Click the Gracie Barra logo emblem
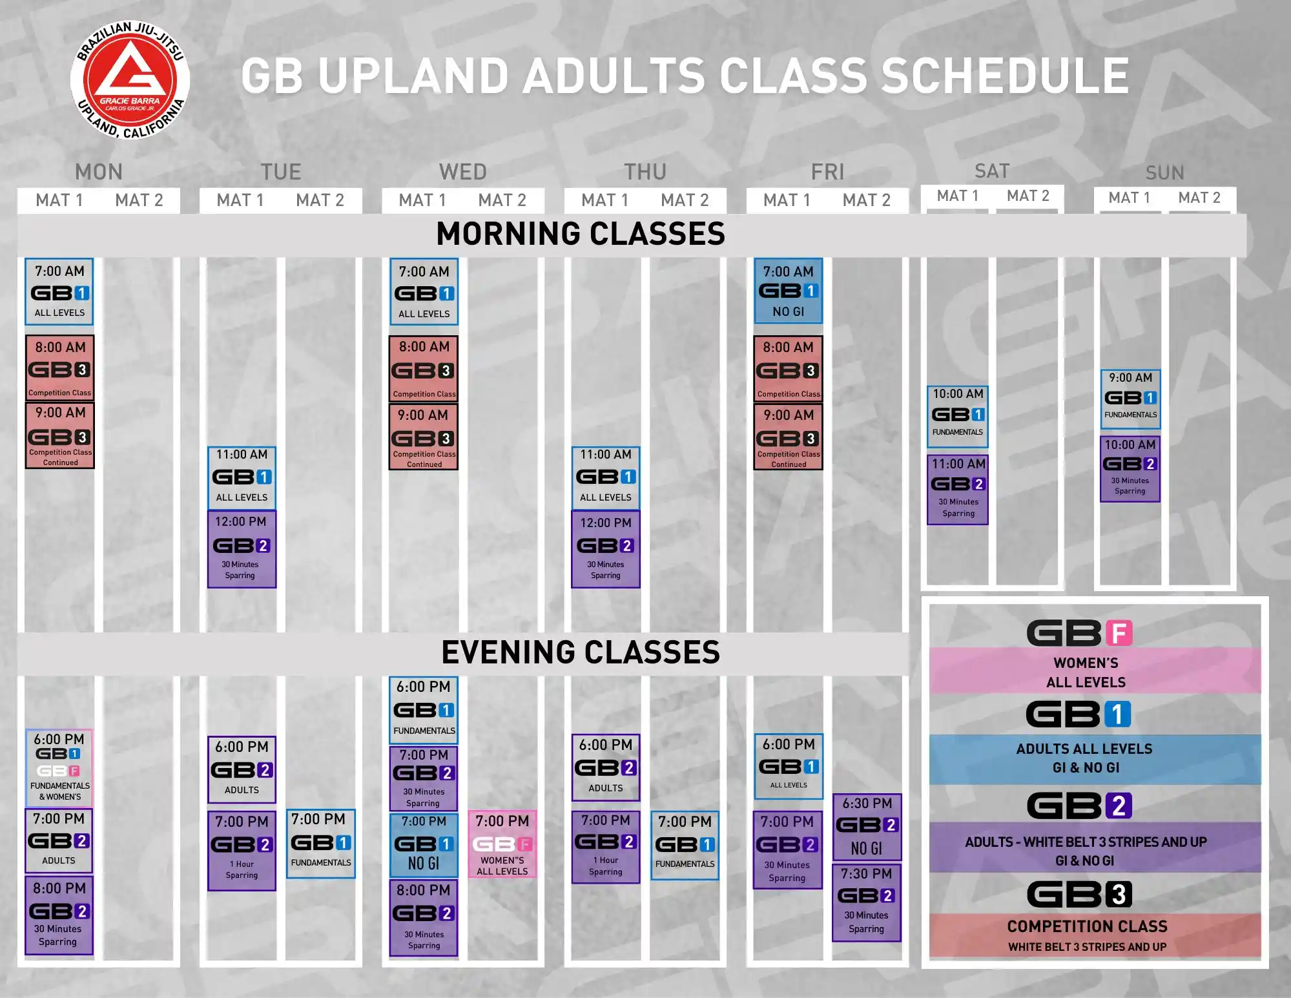pos(130,79)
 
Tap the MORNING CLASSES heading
pos(581,234)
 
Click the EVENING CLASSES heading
pos(581,652)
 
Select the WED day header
pos(463,172)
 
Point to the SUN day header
pos(1165,172)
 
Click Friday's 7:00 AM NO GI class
pos(789,291)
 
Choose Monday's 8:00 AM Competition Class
pos(60,368)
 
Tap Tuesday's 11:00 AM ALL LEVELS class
pos(242,477)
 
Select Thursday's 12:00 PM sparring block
pos(606,549)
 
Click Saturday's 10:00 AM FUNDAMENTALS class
pos(958,417)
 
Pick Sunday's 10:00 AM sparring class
pos(1130,469)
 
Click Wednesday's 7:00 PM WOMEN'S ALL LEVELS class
pos(502,844)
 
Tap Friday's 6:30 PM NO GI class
pos(867,827)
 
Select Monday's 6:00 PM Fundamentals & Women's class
pos(59,767)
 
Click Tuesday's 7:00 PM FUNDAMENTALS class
pos(321,844)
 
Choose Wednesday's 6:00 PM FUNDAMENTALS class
pos(424,709)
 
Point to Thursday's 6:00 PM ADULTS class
pos(606,767)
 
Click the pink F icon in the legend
pos(1119,633)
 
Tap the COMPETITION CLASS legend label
pos(1088,926)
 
